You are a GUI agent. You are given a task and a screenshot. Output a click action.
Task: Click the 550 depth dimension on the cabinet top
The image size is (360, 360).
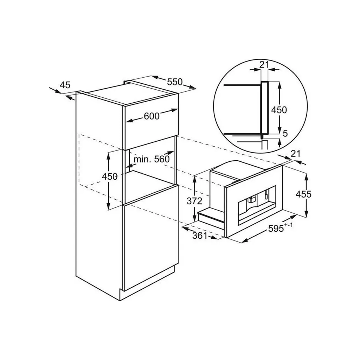(175, 82)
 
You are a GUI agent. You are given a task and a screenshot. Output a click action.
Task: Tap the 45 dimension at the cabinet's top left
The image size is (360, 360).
(65, 85)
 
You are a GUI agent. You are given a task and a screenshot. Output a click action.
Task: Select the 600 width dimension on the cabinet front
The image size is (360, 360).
(152, 116)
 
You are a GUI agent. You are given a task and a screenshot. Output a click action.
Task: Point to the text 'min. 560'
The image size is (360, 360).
(152, 159)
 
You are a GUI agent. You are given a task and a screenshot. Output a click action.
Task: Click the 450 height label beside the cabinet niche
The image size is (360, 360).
(110, 176)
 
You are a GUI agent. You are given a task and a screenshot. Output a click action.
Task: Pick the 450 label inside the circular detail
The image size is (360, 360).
(279, 110)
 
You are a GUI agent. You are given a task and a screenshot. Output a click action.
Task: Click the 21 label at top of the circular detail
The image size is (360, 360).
(264, 65)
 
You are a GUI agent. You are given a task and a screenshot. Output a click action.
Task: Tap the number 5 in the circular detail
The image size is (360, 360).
(285, 133)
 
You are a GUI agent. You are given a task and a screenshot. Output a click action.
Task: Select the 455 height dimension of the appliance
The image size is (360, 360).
(303, 194)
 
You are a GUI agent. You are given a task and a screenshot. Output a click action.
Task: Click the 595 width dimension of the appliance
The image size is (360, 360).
(276, 229)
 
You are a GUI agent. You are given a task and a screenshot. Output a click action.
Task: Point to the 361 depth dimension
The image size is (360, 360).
(200, 236)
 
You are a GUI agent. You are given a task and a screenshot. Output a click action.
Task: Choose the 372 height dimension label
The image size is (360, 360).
(194, 201)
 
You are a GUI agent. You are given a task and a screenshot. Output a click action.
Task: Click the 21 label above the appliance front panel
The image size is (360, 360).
(295, 153)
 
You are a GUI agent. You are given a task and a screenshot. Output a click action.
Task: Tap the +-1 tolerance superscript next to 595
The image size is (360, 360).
(288, 225)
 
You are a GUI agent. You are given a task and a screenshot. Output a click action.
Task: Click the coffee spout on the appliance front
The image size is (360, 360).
(251, 199)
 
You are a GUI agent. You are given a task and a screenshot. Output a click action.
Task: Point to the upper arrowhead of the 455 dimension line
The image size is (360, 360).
(306, 176)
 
